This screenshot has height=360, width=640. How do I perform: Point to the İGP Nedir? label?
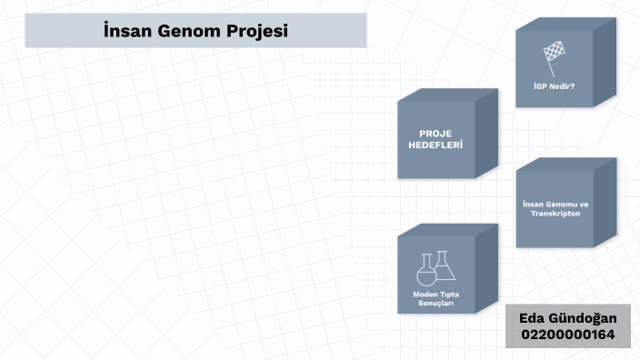[554, 87]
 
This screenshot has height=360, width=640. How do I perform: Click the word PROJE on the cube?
[435, 133]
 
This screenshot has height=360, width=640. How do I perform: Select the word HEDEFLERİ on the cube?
[435, 145]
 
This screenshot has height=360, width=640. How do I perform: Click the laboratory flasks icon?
[435, 268]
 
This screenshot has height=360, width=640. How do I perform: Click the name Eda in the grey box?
[533, 318]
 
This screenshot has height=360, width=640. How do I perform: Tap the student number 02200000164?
[567, 335]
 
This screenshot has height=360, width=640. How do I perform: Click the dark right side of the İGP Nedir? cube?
[605, 64]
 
